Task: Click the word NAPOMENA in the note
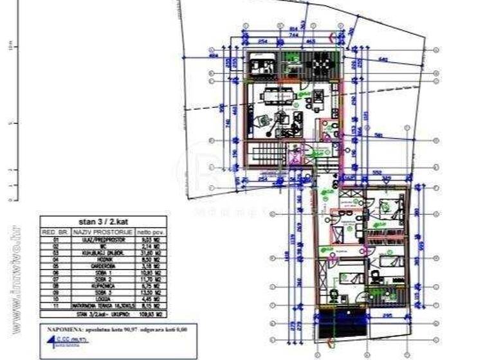62,329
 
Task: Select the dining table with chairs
278,96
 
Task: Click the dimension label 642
383,60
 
